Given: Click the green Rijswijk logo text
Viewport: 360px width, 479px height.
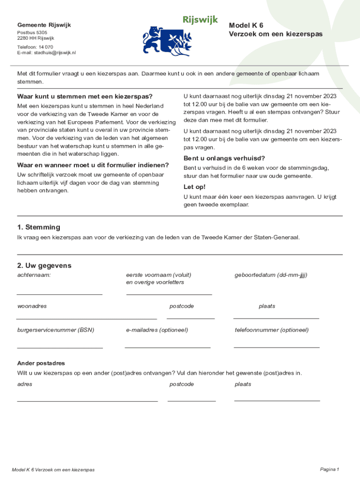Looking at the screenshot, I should [200, 20].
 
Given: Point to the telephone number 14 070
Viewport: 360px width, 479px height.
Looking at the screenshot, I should [46, 47].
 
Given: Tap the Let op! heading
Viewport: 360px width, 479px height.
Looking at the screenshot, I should [194, 187].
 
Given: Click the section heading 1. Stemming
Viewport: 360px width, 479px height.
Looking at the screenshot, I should [39, 227].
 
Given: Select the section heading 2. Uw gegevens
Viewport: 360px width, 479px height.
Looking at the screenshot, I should [44, 266].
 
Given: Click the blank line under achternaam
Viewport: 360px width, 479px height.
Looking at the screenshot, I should [60, 294].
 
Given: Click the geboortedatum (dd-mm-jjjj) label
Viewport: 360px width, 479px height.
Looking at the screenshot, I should [271, 275].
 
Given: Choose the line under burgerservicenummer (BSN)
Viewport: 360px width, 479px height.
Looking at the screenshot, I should [60, 348].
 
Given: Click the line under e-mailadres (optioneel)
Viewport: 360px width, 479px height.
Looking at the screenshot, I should [168, 348].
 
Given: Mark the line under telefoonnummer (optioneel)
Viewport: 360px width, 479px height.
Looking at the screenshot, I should [276, 348].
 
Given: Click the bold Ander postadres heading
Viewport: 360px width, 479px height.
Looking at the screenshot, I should [41, 363].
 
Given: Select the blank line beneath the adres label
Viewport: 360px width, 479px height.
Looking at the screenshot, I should [87, 401].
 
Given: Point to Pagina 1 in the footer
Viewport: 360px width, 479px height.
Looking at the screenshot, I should [329, 469].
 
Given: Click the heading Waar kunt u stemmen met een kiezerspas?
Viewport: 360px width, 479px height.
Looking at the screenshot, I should [85, 97].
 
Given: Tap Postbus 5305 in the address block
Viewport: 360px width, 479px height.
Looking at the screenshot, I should [32, 33].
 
